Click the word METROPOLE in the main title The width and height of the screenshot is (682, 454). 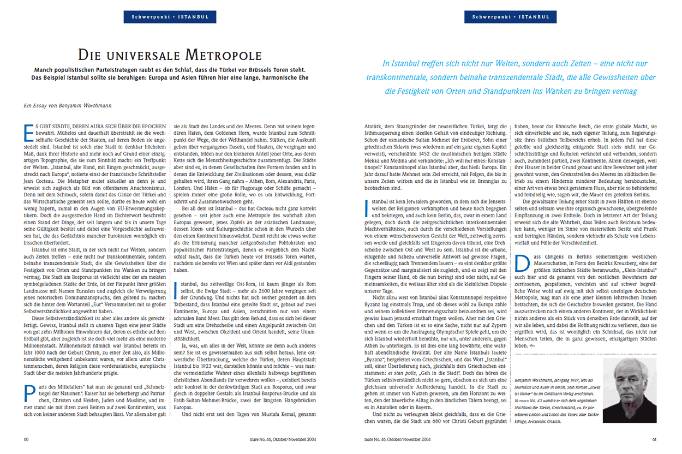(224, 55)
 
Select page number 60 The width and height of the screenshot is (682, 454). (26, 438)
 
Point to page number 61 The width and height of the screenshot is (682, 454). (655, 438)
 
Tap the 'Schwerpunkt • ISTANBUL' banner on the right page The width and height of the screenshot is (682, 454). (511, 17)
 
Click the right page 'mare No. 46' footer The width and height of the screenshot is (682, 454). (397, 438)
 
